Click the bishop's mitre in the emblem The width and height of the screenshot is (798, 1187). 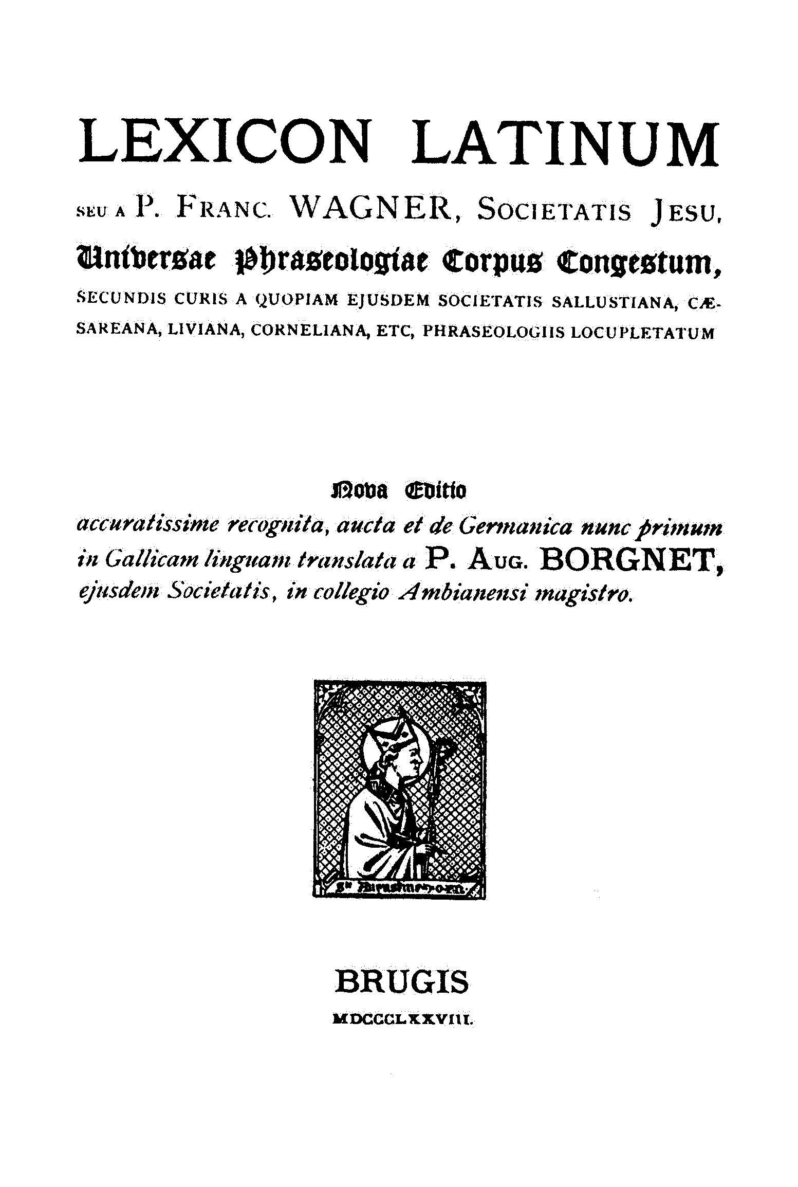pyautogui.click(x=388, y=743)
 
